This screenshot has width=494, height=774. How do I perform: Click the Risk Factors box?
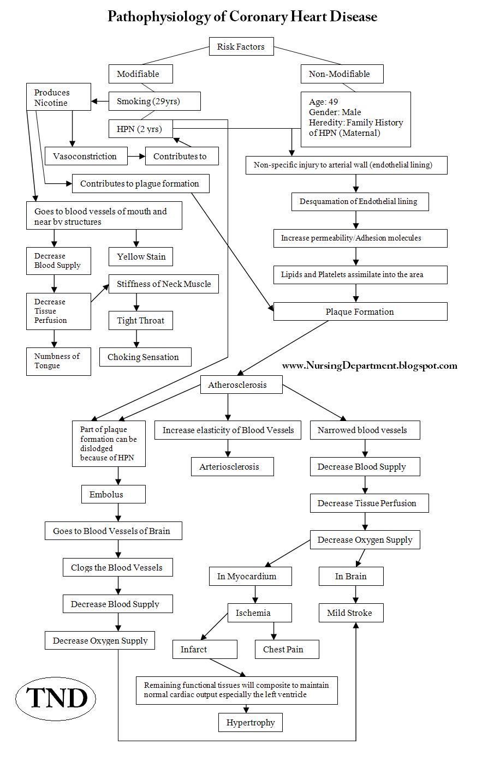[x=241, y=46]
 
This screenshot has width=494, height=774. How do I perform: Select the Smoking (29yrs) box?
[x=154, y=101]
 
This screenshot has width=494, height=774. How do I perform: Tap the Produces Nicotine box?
[x=58, y=97]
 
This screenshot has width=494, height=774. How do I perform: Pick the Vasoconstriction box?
[x=86, y=156]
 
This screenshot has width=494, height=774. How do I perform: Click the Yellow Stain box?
[x=141, y=256]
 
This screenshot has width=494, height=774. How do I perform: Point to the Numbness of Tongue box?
[x=58, y=362]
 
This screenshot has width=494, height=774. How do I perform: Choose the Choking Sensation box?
[x=145, y=357]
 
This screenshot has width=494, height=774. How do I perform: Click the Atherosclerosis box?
[x=241, y=385]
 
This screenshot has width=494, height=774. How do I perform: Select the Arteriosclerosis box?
[x=233, y=466]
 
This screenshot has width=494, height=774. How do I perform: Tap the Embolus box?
[x=114, y=494]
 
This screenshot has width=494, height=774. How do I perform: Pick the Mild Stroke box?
[x=351, y=613]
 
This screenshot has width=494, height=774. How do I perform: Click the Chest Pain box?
[x=287, y=649]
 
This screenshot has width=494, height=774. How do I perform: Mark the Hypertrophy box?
[x=251, y=722]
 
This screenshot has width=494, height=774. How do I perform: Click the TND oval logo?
[x=56, y=698]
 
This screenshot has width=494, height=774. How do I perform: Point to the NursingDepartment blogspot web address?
[x=370, y=365]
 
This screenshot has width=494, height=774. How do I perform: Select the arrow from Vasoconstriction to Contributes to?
[x=136, y=156]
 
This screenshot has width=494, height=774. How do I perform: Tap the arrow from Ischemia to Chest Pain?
[x=273, y=631]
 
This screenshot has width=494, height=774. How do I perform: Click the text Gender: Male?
[x=335, y=112]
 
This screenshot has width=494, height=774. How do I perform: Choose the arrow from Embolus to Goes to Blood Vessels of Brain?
[x=118, y=512]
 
